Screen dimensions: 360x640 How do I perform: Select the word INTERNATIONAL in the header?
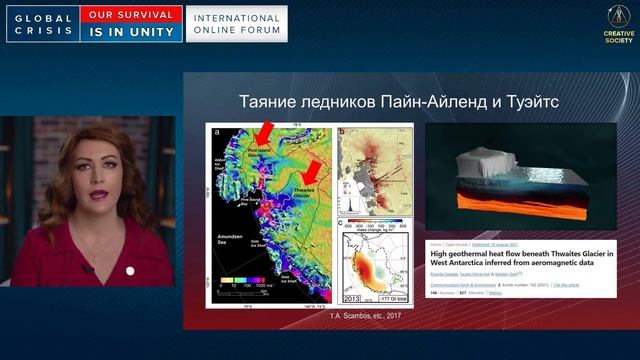point(236,17)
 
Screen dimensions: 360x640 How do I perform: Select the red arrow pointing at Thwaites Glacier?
point(313,168)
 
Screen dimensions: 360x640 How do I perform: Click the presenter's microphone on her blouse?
point(87,268)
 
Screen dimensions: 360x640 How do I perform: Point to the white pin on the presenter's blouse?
point(130,270)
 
